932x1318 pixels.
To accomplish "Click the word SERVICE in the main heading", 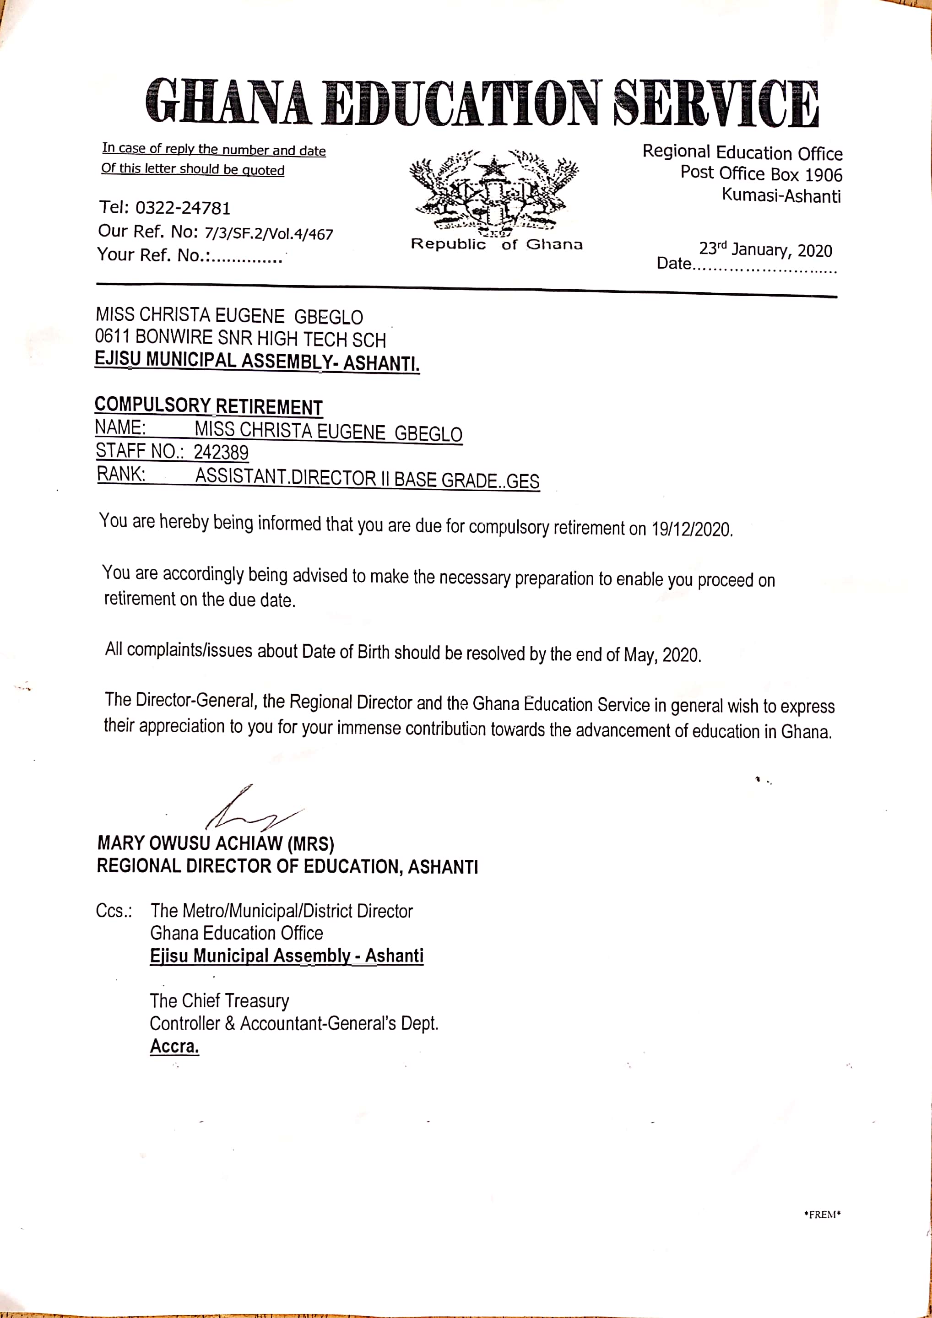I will tap(715, 103).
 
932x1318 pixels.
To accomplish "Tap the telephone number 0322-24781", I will tap(183, 208).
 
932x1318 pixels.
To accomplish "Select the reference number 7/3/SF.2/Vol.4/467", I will tap(269, 234).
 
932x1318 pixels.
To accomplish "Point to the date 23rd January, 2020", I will tap(765, 250).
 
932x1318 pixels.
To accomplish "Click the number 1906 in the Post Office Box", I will tap(824, 174).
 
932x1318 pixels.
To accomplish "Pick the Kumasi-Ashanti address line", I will tap(781, 196).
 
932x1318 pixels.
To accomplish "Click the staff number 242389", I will tap(221, 452).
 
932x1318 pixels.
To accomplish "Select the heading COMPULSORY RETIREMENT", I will tap(208, 406).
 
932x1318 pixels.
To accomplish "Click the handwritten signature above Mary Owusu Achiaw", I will tap(253, 809).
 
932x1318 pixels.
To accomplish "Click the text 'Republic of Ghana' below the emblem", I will tap(497, 244).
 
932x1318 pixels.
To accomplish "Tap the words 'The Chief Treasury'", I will tap(219, 1000).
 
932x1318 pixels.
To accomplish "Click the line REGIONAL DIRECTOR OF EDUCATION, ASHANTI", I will tap(287, 866).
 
